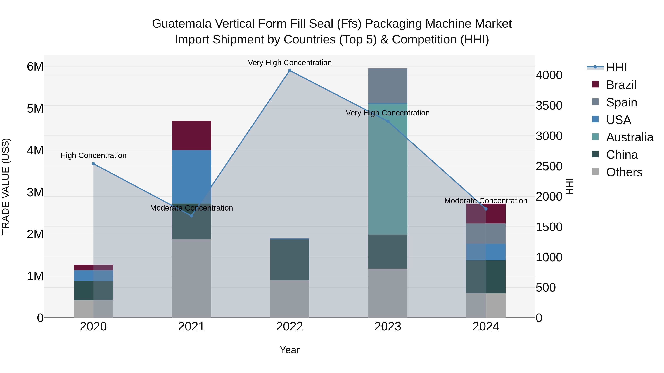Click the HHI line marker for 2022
(289, 71)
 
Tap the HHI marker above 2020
(93, 164)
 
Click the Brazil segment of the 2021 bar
(191, 135)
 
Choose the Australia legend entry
(630, 137)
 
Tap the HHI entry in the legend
(616, 67)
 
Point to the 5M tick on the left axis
(35, 108)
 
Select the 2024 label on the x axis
(486, 327)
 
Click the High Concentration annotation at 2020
(93, 155)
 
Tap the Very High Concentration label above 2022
(289, 63)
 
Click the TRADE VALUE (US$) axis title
(6, 186)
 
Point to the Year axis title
(289, 350)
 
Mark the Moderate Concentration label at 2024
(486, 201)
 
